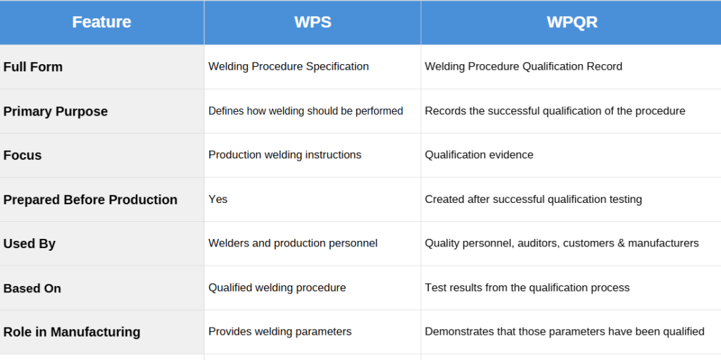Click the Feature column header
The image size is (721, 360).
pyautogui.click(x=101, y=22)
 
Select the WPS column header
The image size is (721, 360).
pyautogui.click(x=313, y=22)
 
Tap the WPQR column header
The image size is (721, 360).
pyautogui.click(x=572, y=22)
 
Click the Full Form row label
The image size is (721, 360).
pyautogui.click(x=32, y=67)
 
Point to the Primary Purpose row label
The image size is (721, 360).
pyautogui.click(x=55, y=111)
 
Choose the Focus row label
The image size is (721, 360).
pyautogui.click(x=22, y=155)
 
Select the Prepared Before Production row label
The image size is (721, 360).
pyautogui.click(x=90, y=199)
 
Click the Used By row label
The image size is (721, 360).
pyautogui.click(x=29, y=243)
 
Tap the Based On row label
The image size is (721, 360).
pyautogui.click(x=32, y=288)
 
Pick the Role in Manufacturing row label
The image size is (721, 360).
pyautogui.click(x=71, y=331)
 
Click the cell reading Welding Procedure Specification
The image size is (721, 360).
pyautogui.click(x=288, y=66)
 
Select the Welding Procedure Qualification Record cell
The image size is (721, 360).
pyautogui.click(x=523, y=66)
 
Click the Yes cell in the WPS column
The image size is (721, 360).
pyautogui.click(x=218, y=199)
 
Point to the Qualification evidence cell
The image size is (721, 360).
pyautogui.click(x=479, y=155)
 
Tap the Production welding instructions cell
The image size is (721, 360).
pyautogui.click(x=284, y=155)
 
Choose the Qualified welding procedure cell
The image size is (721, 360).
pyautogui.click(x=277, y=287)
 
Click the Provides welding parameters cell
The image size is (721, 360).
pyautogui.click(x=280, y=331)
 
